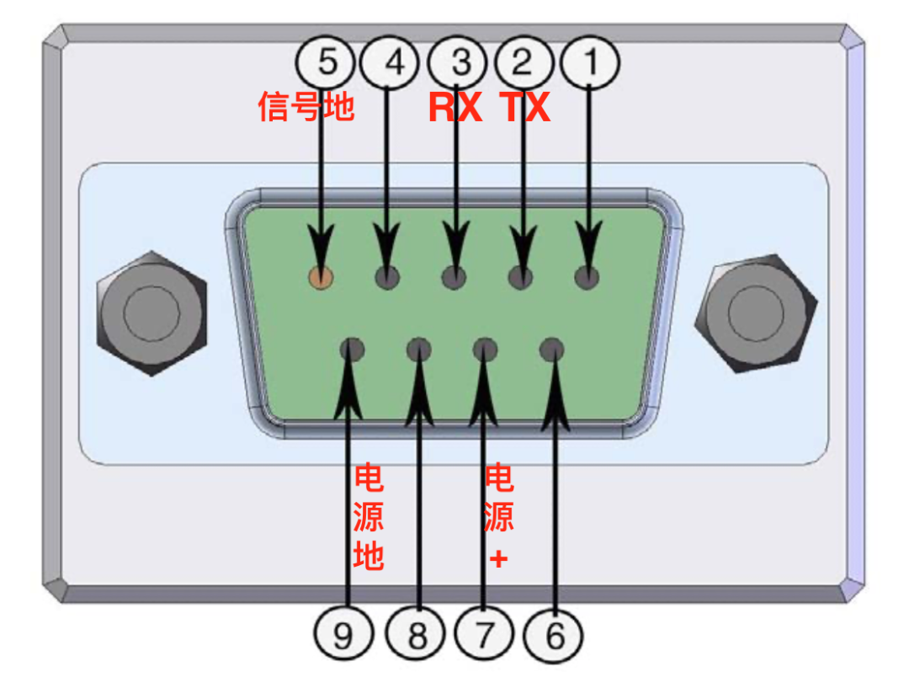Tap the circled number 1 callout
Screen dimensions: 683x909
pyautogui.click(x=590, y=61)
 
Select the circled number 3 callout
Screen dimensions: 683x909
pyautogui.click(x=457, y=61)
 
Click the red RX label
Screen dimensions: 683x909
pyautogui.click(x=455, y=108)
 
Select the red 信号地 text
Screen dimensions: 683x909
pyautogui.click(x=306, y=108)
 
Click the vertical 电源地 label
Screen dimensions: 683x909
pyautogui.click(x=369, y=517)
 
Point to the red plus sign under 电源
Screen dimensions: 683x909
pyautogui.click(x=499, y=558)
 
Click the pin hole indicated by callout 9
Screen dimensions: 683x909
pyautogui.click(x=352, y=349)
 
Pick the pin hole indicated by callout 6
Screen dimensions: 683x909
pyautogui.click(x=551, y=349)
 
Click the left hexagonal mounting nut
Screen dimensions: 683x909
pyautogui.click(x=151, y=312)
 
